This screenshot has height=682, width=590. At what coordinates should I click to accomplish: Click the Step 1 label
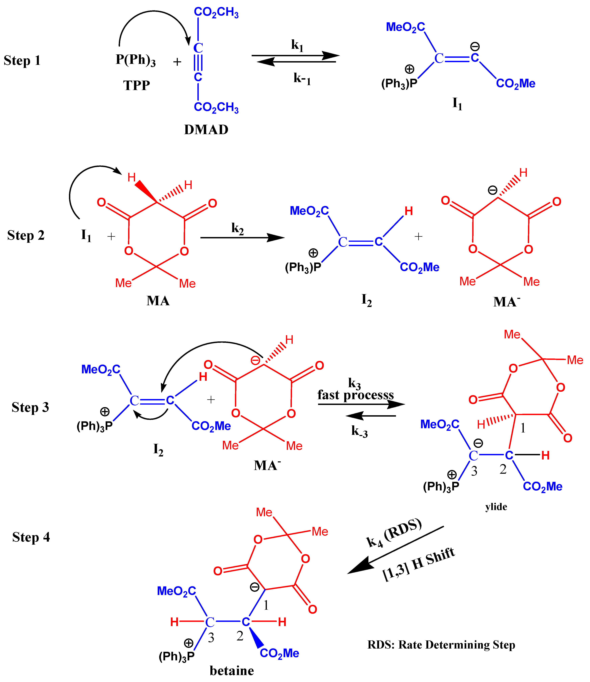click(x=22, y=60)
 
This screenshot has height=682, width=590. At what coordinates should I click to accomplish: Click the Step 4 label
click(x=31, y=537)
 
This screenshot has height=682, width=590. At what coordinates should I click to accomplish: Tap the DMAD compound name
click(x=206, y=130)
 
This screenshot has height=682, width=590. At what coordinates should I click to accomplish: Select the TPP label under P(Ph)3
click(x=136, y=86)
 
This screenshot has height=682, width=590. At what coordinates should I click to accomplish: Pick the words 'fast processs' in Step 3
click(x=356, y=395)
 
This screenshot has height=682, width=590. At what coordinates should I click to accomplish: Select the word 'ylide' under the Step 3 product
click(x=496, y=507)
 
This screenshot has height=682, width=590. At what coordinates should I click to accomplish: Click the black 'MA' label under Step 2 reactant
click(x=158, y=301)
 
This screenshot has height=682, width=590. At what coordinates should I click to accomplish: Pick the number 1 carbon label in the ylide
click(x=523, y=428)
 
